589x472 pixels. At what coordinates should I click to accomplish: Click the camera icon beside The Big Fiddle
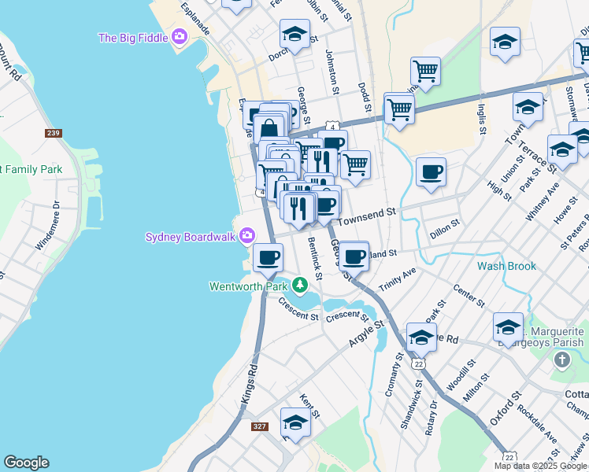180,36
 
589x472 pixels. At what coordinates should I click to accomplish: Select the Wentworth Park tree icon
299,284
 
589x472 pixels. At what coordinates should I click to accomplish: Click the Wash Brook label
506,266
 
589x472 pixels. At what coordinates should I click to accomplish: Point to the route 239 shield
54,134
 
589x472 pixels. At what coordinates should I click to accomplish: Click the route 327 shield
260,426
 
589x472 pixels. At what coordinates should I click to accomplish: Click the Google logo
26,463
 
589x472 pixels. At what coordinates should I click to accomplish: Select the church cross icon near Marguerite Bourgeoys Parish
561,360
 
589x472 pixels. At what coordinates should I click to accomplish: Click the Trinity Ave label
397,277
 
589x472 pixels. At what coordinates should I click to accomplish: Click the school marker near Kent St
295,422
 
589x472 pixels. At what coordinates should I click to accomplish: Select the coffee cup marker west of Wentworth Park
269,256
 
